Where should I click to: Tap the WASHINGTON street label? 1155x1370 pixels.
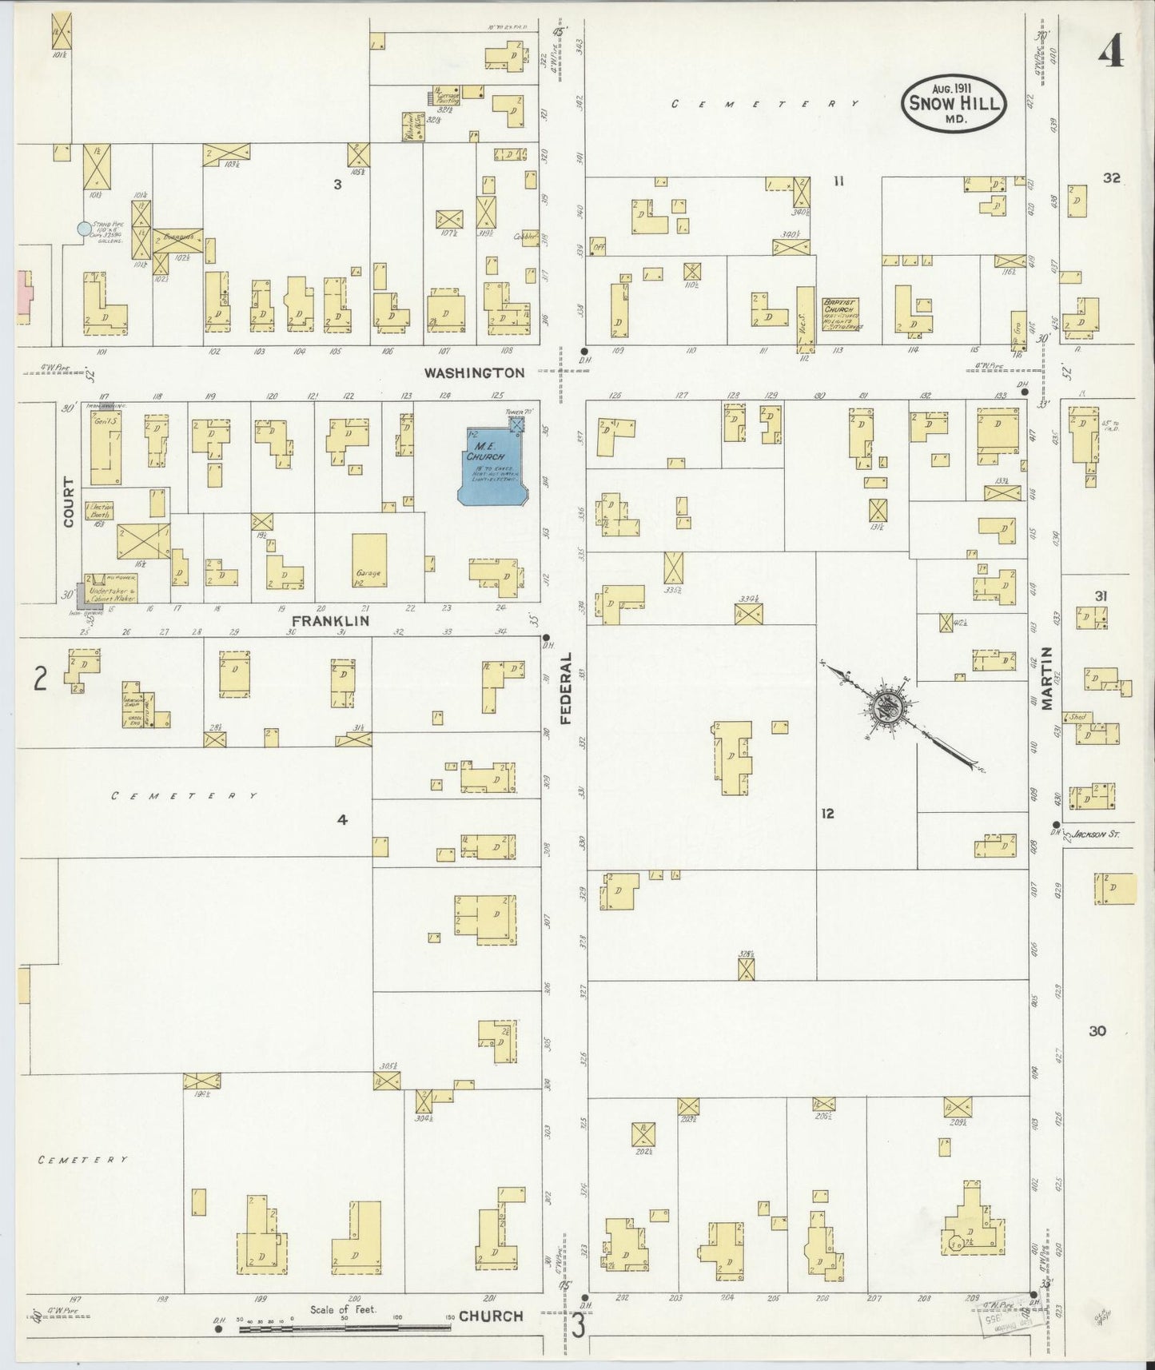(x=474, y=372)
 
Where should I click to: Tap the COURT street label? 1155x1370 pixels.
(x=68, y=502)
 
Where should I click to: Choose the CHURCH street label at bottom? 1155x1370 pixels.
(x=490, y=1316)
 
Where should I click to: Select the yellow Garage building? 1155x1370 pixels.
(x=368, y=562)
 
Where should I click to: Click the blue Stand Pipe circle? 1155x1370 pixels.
(x=83, y=229)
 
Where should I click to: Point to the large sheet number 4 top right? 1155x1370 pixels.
(x=1110, y=54)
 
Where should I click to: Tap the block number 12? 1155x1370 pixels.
(x=826, y=814)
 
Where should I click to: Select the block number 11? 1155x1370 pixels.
(x=838, y=181)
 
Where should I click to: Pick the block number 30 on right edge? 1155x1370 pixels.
(x=1097, y=1031)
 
